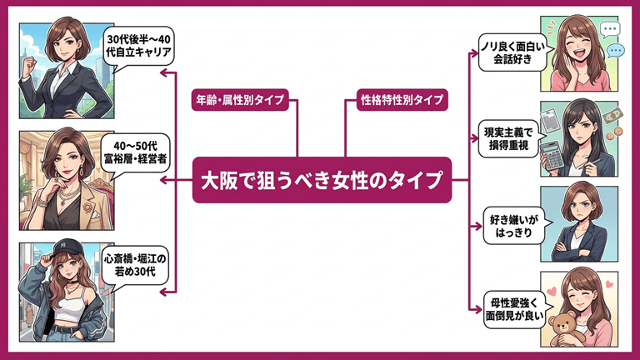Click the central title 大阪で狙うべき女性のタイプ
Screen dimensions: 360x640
coord(322,180)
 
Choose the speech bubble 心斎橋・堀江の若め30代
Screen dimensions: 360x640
coord(139,268)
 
